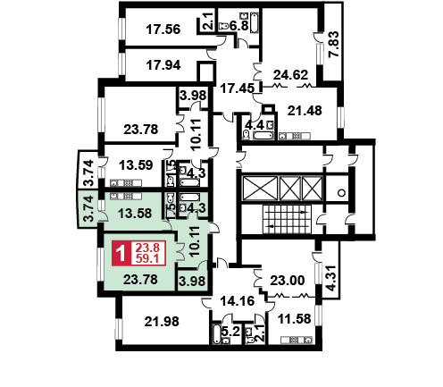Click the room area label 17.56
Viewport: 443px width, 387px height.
163,29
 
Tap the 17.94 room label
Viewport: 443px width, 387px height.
163,65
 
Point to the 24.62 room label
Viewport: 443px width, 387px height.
290,74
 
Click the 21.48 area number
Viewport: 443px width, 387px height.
305,111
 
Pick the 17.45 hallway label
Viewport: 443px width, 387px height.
238,88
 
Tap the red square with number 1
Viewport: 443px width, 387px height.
121,253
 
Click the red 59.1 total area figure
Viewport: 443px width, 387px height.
147,259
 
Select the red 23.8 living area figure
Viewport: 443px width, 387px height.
147,248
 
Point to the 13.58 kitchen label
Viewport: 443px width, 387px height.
135,214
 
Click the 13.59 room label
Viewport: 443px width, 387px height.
136,164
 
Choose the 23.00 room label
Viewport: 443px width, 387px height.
288,281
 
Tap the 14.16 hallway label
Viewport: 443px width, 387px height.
238,301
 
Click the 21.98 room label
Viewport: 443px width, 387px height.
162,322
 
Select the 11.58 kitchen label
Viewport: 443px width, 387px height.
294,319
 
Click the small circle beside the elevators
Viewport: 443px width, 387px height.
342,193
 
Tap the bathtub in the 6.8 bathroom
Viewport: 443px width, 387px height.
254,22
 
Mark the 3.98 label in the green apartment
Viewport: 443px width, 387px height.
193,281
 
